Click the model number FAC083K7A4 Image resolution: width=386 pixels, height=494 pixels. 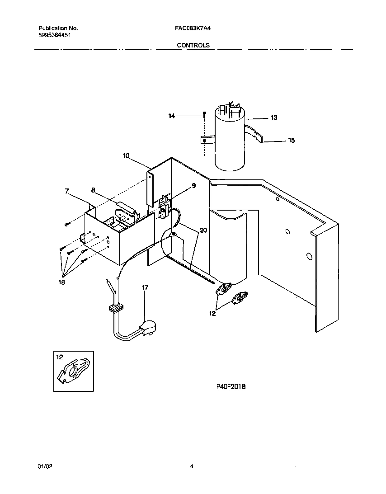pos(193,28)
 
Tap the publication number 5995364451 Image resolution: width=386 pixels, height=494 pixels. pos(55,35)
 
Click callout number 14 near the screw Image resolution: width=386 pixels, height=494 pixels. pos(171,116)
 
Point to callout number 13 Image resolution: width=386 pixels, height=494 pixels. pos(273,118)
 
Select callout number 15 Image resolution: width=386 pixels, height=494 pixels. pos(291,141)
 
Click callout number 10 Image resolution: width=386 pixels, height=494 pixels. pos(126,156)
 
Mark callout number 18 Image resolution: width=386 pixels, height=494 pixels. pos(61,282)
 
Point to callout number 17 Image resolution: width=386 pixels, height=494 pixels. pos(145,287)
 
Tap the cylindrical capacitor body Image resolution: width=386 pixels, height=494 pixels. pos(230,145)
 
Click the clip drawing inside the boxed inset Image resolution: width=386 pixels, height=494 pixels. pos(74,371)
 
